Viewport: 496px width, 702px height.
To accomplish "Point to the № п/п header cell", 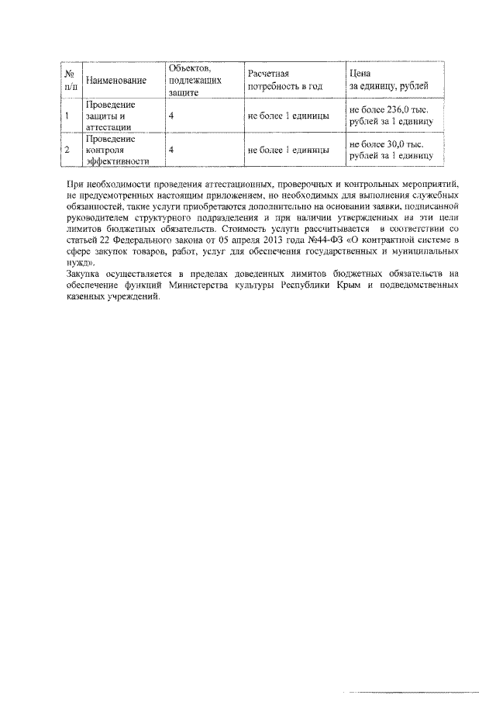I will [x=71, y=80].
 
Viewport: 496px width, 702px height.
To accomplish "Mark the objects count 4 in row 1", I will [x=170, y=116].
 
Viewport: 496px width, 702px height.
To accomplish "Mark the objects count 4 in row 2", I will [x=170, y=150].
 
